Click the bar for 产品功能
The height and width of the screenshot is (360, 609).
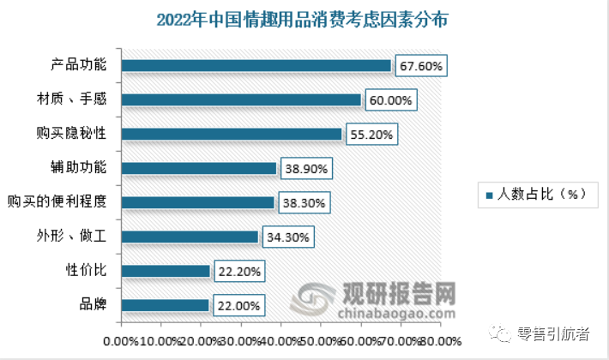256,66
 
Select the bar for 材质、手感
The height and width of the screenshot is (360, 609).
241,100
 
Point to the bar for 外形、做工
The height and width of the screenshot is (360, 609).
190,237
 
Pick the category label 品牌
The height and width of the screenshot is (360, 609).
93,306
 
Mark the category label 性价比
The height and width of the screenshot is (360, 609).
88,272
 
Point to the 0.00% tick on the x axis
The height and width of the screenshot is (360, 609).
119,341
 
